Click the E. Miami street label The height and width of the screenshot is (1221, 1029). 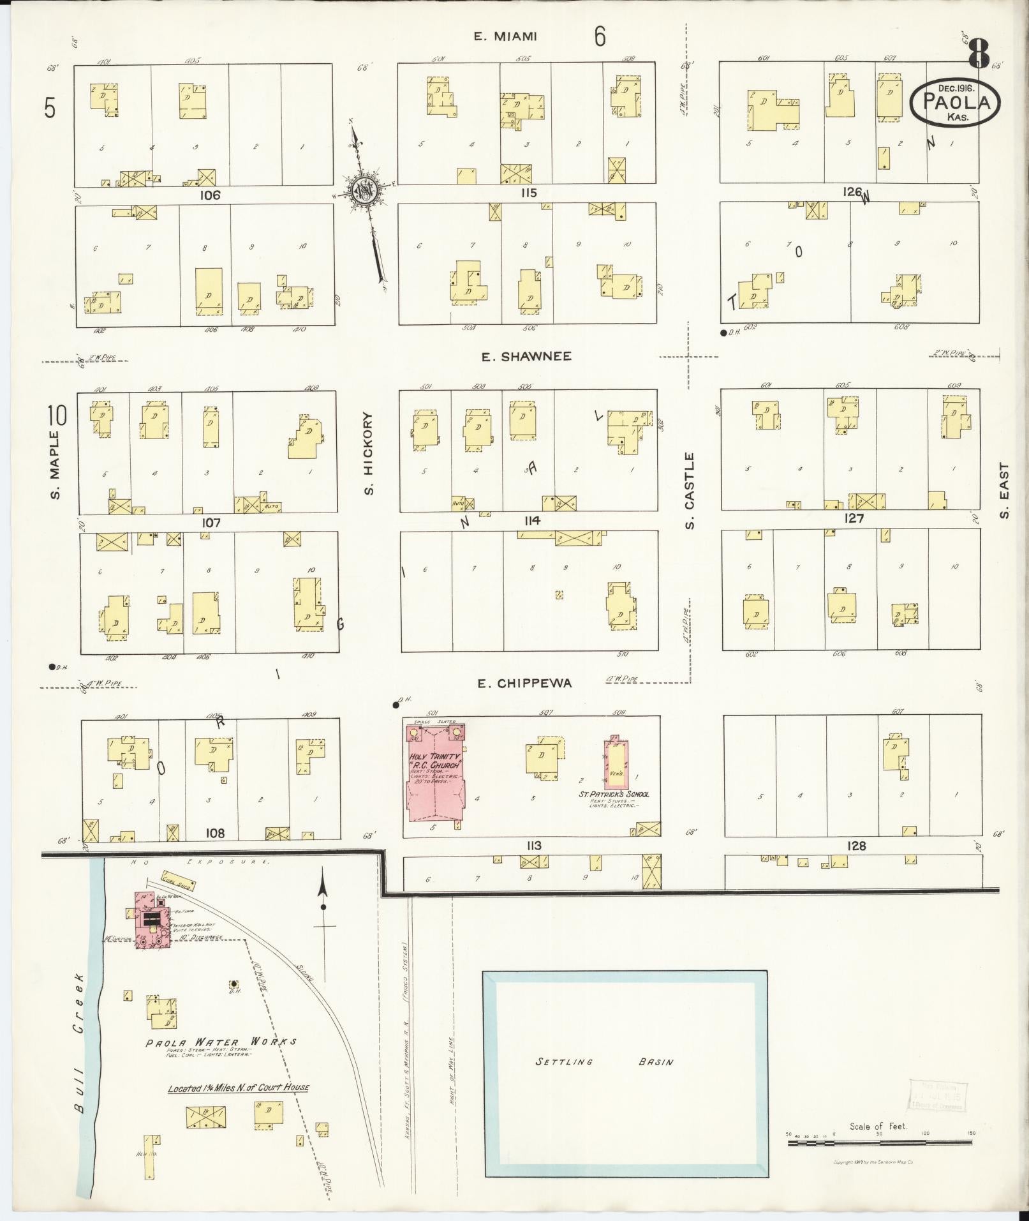tap(505, 36)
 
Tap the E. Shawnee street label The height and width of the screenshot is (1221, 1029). tap(526, 357)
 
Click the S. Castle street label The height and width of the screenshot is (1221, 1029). tap(690, 490)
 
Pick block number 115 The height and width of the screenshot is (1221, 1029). tap(528, 193)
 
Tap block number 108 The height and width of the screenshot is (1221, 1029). tap(215, 833)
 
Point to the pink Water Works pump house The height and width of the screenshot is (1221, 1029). tap(152, 920)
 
